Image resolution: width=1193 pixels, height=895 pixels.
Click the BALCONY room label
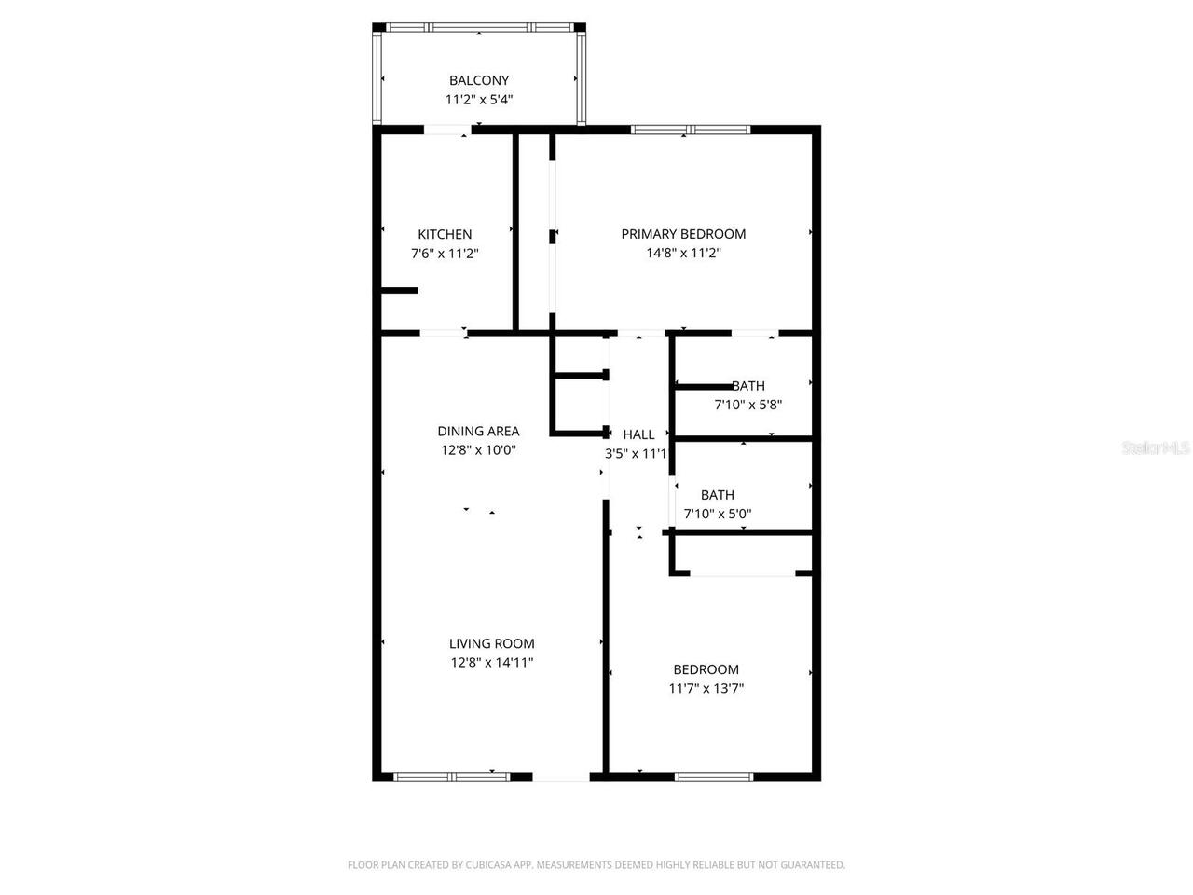pos(479,80)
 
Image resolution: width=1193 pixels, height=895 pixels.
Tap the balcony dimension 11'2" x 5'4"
pos(479,99)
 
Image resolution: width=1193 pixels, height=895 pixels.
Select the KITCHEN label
pos(445,234)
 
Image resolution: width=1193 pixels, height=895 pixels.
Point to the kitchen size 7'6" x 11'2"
pos(445,253)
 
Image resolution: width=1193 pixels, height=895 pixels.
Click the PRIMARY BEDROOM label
pos(683,234)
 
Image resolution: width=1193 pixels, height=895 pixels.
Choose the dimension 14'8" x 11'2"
pos(683,253)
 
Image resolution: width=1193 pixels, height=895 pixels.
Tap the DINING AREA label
pos(478,431)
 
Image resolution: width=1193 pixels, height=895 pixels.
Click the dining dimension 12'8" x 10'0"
pos(478,450)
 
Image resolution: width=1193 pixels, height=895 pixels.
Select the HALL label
pos(638,434)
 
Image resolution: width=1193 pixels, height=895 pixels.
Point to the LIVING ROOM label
pos(491,643)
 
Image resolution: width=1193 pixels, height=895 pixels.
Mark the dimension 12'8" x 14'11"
pos(491,663)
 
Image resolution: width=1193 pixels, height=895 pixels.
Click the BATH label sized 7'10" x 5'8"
pos(748,386)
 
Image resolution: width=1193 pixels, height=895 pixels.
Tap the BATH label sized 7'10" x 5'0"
pos(718,495)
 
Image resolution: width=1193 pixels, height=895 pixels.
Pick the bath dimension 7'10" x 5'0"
pos(718,514)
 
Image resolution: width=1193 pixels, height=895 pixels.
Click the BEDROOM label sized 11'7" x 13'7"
pos(706,669)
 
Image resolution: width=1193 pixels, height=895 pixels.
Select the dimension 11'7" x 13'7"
pos(706,689)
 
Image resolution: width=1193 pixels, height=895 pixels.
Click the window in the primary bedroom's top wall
pos(691,130)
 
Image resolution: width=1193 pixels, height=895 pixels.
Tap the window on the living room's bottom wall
pos(451,776)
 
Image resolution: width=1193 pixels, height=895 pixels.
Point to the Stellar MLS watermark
pos(1156,448)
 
